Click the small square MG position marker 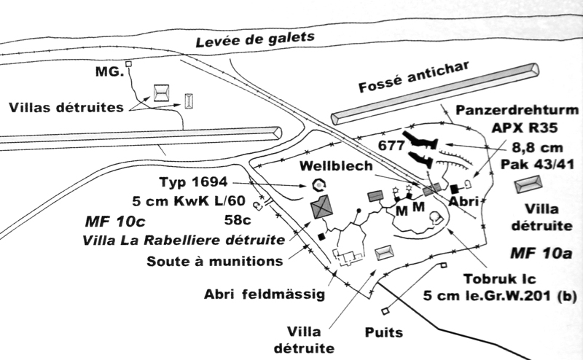[x=129, y=64]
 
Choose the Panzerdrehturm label [x=517, y=110]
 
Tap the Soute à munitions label [x=216, y=260]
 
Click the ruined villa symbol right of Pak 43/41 [x=528, y=185]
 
